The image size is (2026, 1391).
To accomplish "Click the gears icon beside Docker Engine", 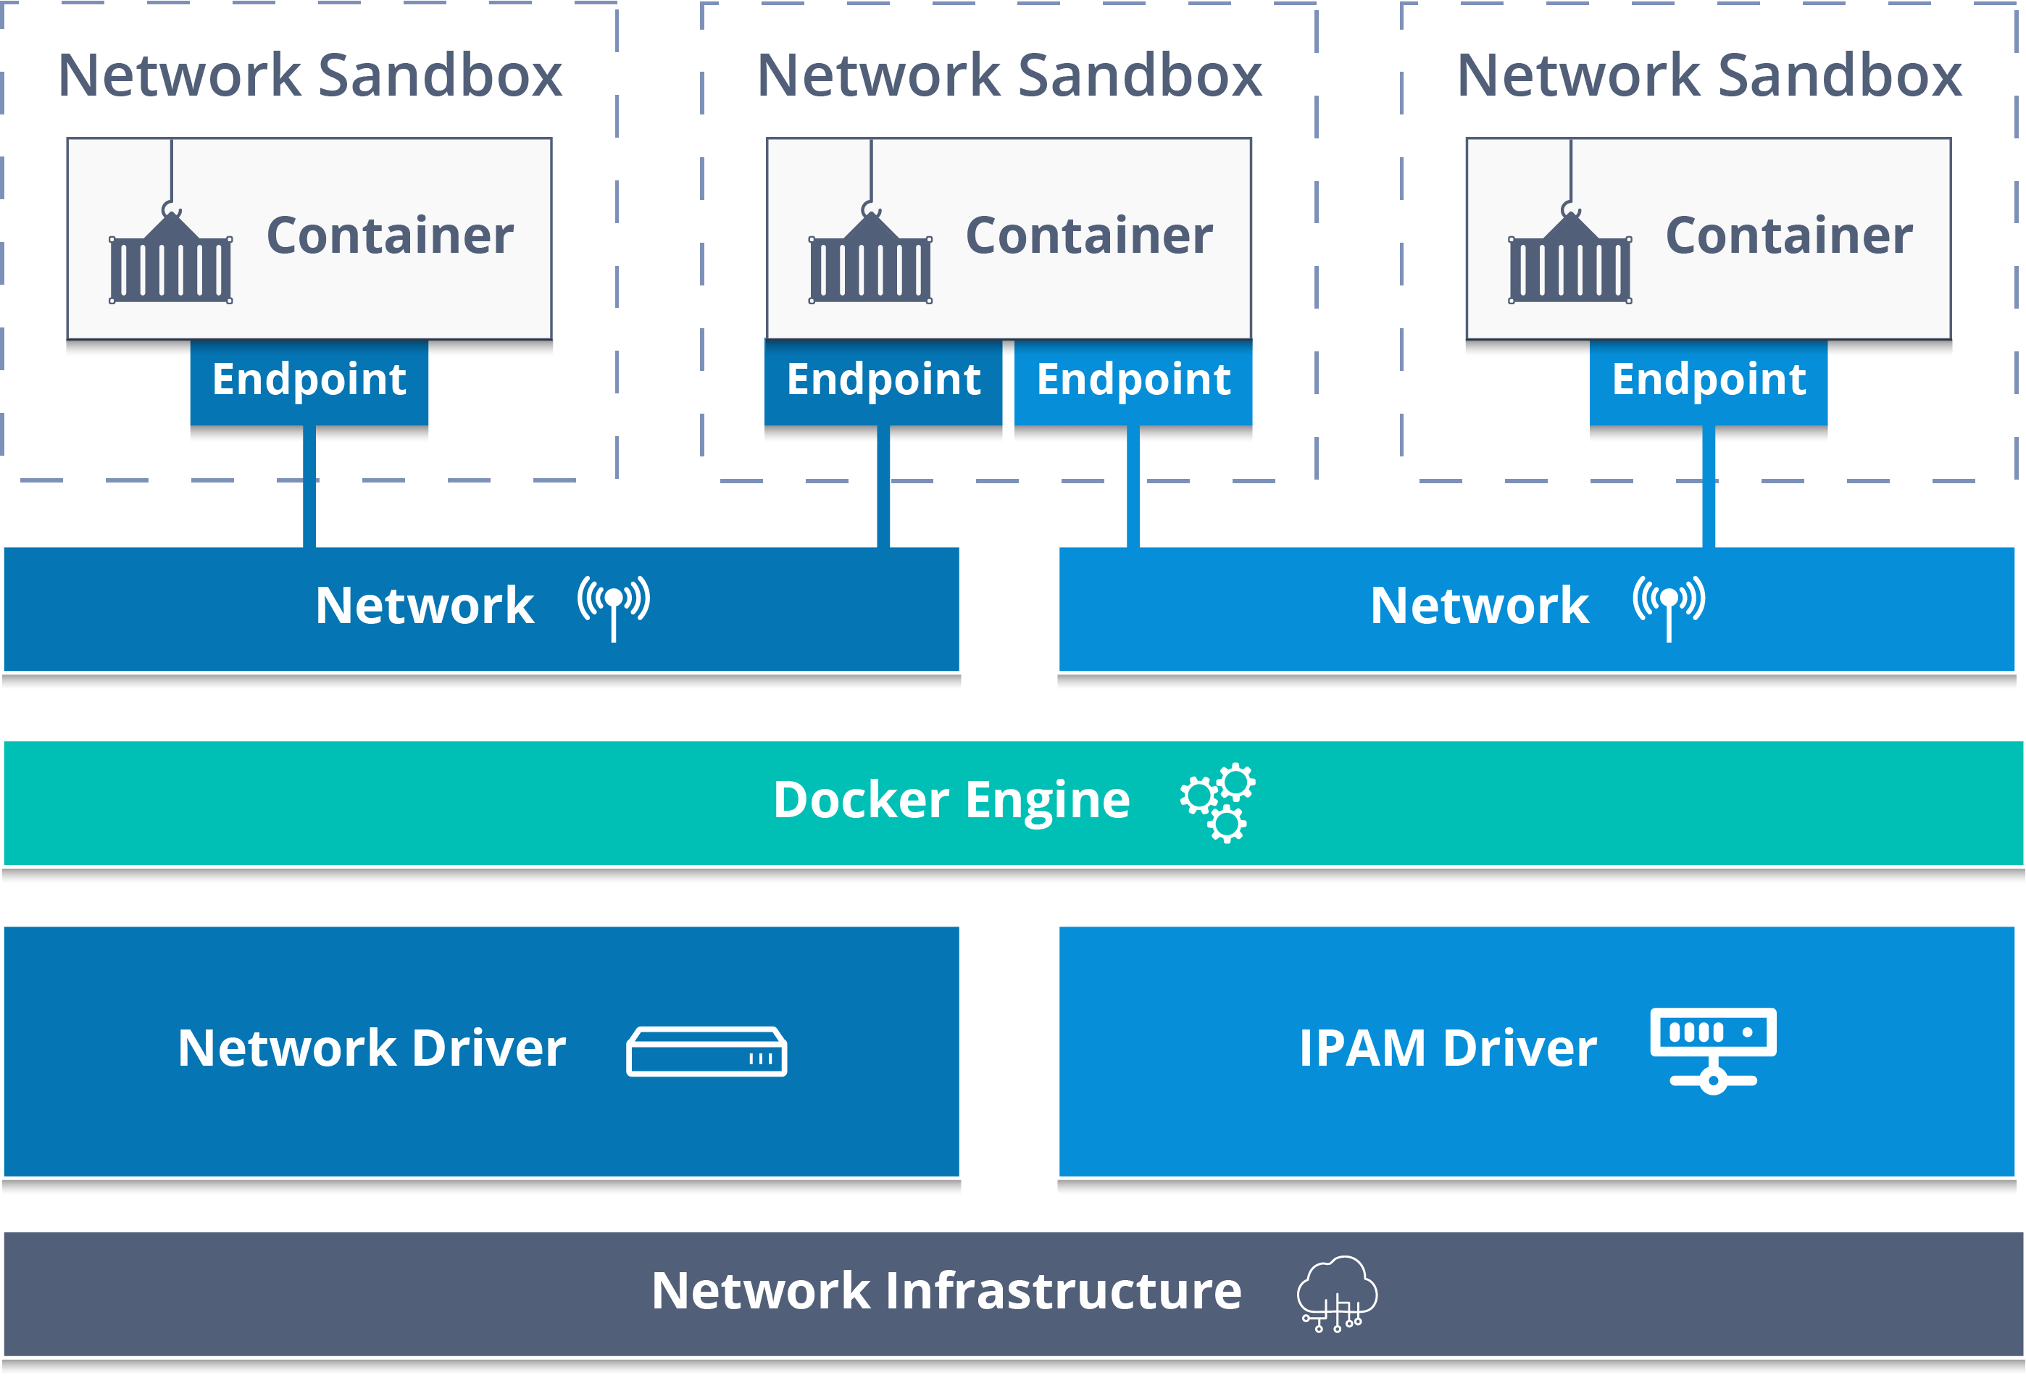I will (x=1218, y=803).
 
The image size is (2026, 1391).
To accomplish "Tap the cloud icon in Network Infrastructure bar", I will (x=1336, y=1293).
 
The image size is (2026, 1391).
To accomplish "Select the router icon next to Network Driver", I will (x=706, y=1052).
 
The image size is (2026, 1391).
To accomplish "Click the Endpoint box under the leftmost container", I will (x=309, y=382).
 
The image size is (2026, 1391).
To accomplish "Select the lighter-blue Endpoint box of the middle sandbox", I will (x=1133, y=382).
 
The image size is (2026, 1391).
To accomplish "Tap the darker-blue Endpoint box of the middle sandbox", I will (x=883, y=382).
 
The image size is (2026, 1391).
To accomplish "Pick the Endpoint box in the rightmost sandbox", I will (x=1708, y=382).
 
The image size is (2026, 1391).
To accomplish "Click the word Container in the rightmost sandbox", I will (x=1788, y=235).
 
